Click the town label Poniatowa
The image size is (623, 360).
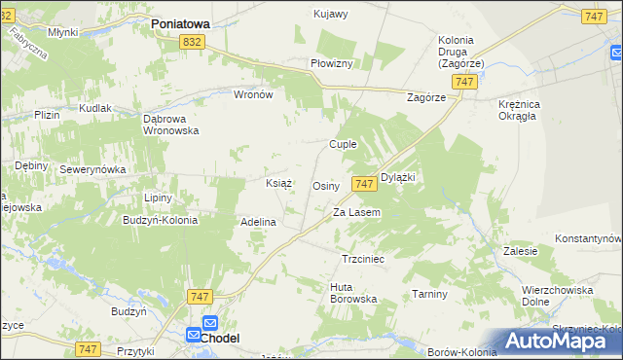click(180, 20)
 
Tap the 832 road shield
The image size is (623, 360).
click(192, 41)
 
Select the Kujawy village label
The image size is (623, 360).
click(331, 14)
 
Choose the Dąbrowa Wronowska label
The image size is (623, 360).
click(170, 124)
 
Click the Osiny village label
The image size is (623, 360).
click(325, 186)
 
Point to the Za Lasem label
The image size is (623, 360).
click(356, 212)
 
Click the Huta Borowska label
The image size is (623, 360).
click(353, 292)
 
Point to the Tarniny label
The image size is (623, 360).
click(428, 294)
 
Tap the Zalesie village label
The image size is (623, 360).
click(522, 251)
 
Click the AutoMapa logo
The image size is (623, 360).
click(556, 341)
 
